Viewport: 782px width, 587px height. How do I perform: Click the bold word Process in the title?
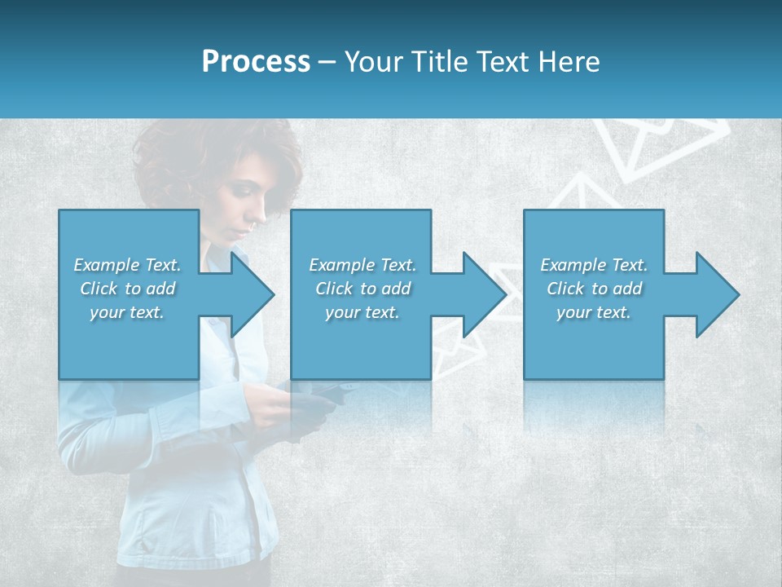[256, 62]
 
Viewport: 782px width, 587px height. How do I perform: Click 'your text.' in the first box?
[127, 312]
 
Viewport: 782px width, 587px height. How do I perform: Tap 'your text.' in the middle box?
[362, 312]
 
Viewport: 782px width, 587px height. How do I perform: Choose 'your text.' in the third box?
[593, 312]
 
